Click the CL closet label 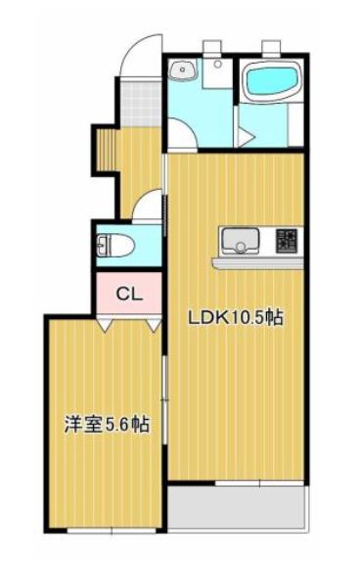pyautogui.click(x=129, y=294)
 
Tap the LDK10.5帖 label pyautogui.click(x=236, y=317)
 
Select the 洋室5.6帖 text pyautogui.click(x=107, y=425)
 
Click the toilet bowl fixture pyautogui.click(x=115, y=246)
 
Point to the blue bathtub pyautogui.click(x=272, y=80)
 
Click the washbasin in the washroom pyautogui.click(x=183, y=70)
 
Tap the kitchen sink pyautogui.click(x=240, y=241)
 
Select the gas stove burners pyautogui.click(x=286, y=241)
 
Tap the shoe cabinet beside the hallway pyautogui.click(x=106, y=150)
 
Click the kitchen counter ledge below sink pyautogui.click(x=257, y=263)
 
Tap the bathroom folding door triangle pyautogui.click(x=246, y=137)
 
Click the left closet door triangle pyautogui.click(x=104, y=325)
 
